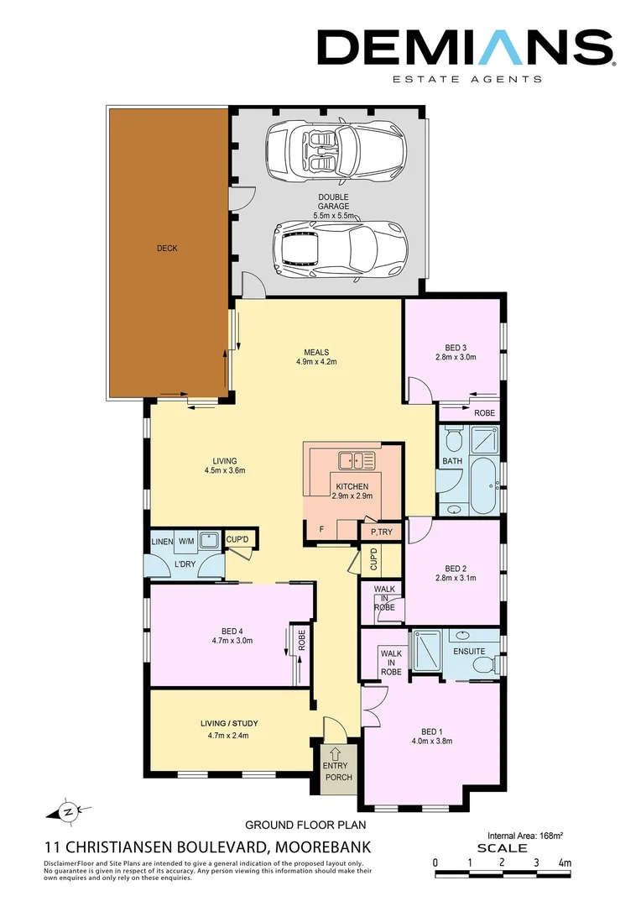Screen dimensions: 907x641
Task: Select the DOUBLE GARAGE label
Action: point(333,202)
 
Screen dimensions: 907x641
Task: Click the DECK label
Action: point(167,249)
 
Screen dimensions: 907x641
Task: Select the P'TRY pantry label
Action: point(382,533)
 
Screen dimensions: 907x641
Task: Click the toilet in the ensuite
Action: point(485,665)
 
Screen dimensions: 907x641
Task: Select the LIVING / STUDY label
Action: point(229,724)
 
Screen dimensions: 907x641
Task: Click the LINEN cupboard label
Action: point(161,542)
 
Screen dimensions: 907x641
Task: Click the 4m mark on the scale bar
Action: point(565,862)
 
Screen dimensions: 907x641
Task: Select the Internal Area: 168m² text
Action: point(525,836)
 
